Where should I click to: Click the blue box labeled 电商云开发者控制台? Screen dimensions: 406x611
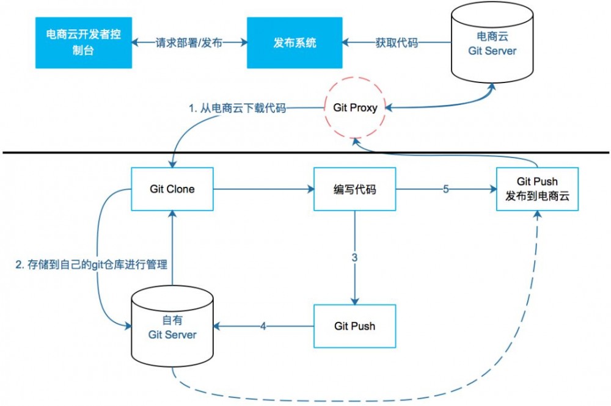coord(82,43)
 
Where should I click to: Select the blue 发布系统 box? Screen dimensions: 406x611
coord(295,43)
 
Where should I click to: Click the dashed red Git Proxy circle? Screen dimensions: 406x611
coord(354,107)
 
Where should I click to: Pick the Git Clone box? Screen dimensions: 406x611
coord(172,189)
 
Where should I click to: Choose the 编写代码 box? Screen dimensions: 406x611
coord(354,189)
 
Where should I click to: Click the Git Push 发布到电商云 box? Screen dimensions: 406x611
coord(536,189)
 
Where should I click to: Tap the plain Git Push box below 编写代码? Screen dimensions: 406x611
coord(354,326)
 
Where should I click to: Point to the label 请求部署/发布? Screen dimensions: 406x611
coord(189,43)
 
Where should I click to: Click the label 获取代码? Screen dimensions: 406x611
coord(396,43)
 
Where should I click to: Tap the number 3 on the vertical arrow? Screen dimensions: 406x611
coord(354,258)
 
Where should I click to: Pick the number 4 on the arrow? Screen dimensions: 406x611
coord(263,327)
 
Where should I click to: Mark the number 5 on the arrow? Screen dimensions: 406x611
coord(445,189)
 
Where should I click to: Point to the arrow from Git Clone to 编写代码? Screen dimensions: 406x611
coord(263,189)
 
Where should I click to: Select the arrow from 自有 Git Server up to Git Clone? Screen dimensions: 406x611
coord(173,250)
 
